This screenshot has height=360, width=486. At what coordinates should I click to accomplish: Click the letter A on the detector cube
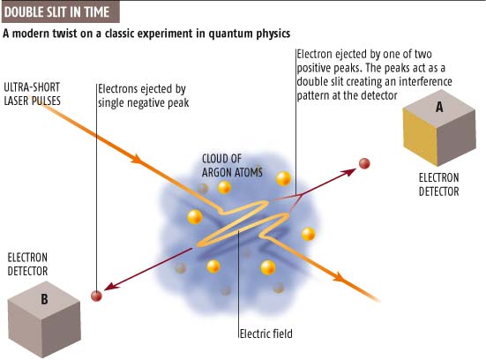[x=438, y=106]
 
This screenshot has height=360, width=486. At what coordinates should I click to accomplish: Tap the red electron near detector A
[x=363, y=163]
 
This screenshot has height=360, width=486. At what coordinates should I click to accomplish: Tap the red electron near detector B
[x=97, y=296]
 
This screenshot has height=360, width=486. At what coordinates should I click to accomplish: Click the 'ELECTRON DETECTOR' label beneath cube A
[x=438, y=184]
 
